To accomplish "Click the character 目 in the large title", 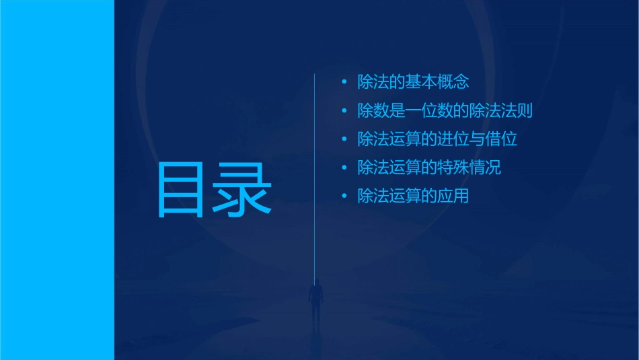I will (x=182, y=190).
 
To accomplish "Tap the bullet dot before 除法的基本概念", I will (x=344, y=83).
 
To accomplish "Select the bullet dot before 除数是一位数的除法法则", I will (x=344, y=111).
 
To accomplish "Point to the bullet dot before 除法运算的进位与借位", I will (x=344, y=140).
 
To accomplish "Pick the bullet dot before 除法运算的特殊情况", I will (x=344, y=168).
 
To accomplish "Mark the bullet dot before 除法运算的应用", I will (x=344, y=196).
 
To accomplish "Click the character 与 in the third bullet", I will (x=478, y=140).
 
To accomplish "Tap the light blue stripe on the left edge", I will (x=57, y=180).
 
